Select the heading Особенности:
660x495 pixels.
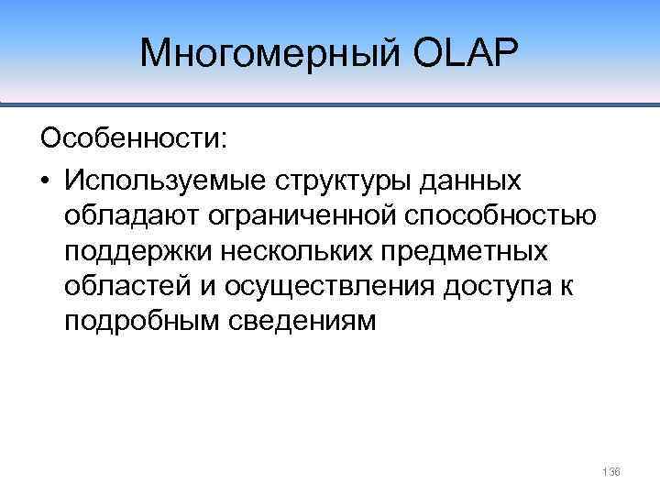tap(132, 139)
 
